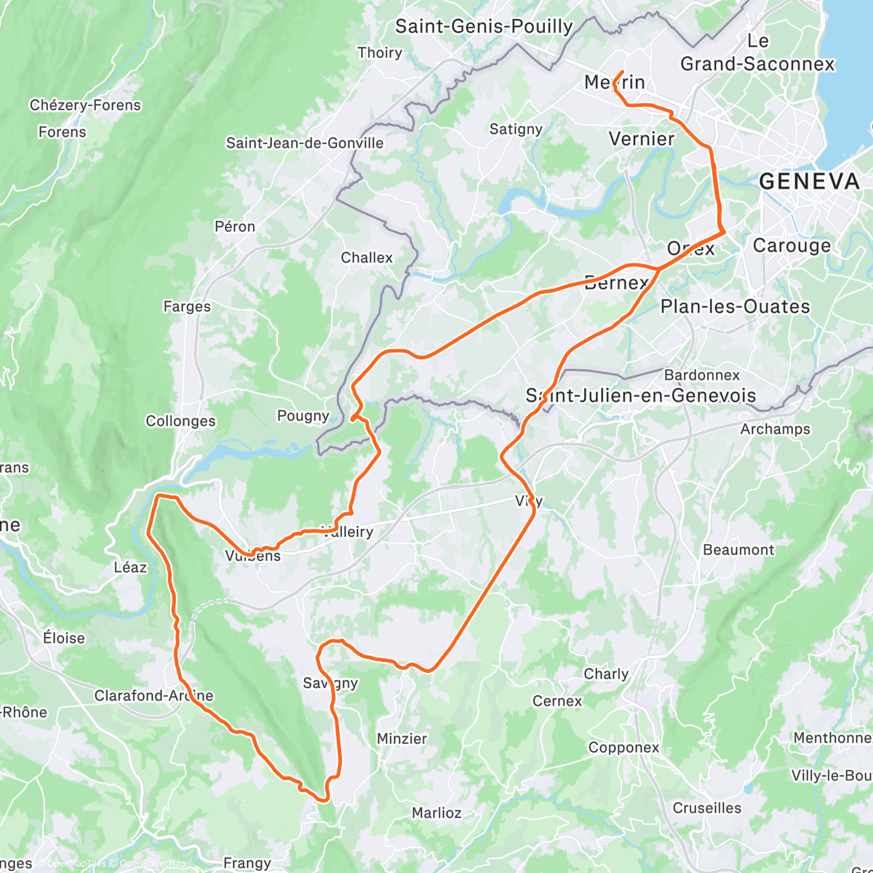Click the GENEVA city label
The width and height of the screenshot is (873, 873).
[x=809, y=182]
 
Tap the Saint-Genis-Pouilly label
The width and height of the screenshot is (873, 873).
[x=484, y=27]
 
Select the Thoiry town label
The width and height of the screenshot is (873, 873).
[x=380, y=52]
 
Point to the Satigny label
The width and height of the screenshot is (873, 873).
[x=516, y=129]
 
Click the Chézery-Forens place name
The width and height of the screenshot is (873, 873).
[x=85, y=105]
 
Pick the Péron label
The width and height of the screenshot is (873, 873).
[x=235, y=227]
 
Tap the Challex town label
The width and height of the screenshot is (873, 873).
[x=367, y=258]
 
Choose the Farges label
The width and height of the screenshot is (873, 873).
[x=187, y=307]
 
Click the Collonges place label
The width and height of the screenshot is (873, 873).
[x=180, y=421]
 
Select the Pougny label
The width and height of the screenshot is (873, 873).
[x=303, y=416]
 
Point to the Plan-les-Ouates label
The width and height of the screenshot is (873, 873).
[x=735, y=307]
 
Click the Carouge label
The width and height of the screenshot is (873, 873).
[x=792, y=246]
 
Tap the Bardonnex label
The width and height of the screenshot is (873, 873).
[x=702, y=375]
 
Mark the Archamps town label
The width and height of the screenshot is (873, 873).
[x=775, y=429]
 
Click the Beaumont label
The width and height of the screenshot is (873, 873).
[x=738, y=550]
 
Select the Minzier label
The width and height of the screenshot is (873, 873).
[x=402, y=738]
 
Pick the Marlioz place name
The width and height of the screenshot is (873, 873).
[x=436, y=813]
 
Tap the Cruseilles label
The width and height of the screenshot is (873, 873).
[x=706, y=808]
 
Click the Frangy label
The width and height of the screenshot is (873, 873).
[x=247, y=864]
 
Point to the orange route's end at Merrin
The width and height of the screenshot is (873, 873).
[x=622, y=71]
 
